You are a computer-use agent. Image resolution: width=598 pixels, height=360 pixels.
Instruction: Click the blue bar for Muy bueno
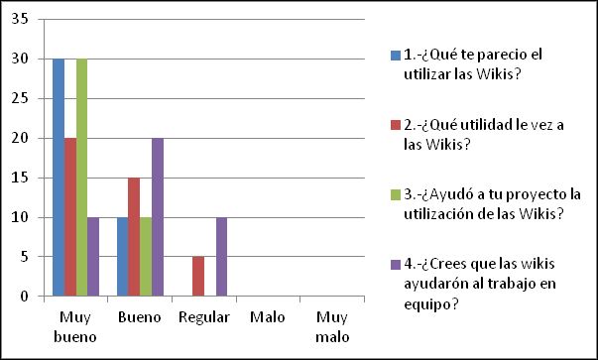[59, 178]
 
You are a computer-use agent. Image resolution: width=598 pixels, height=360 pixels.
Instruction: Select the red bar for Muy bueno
[70, 217]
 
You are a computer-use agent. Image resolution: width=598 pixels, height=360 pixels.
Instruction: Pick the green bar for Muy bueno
[82, 178]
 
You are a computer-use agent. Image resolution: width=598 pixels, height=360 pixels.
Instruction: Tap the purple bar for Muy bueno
[94, 256]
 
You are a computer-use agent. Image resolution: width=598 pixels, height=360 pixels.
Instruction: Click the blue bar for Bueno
[123, 256]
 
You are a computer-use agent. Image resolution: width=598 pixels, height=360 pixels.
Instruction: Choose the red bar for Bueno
[135, 236]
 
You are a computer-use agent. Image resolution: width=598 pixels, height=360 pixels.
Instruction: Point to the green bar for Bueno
[147, 256]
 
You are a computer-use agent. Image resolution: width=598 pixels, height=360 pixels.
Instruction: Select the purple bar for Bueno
[159, 217]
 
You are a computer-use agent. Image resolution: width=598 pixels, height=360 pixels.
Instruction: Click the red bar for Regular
[199, 276]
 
